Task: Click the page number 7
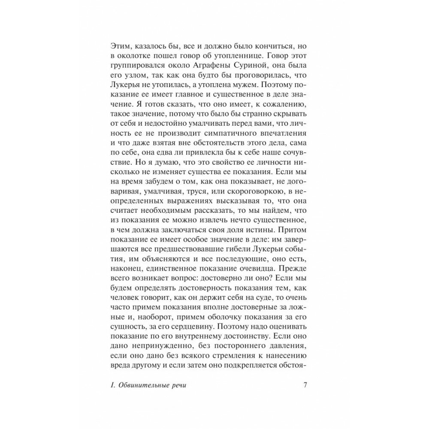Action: click(x=305, y=384)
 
